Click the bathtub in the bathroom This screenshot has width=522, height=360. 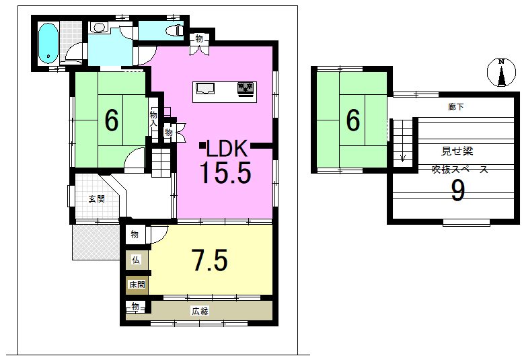click(48, 43)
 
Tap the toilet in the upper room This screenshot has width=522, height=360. click(175, 30)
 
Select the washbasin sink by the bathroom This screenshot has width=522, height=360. click(100, 27)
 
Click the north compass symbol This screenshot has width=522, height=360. click(501, 72)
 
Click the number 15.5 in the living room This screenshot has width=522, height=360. click(225, 172)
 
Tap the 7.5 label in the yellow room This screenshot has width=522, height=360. click(211, 260)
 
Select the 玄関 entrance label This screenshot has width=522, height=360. click(97, 199)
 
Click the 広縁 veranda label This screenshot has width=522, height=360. click(200, 311)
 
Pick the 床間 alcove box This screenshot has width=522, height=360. click(137, 285)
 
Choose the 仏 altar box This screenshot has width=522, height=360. click(137, 260)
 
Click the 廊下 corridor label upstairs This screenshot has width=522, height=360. click(456, 107)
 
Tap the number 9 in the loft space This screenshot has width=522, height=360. click(457, 191)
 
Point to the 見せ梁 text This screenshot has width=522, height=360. click(457, 151)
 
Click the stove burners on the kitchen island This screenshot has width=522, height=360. click(246, 88)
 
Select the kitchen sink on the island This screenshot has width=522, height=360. click(205, 89)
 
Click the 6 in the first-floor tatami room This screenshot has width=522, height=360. click(111, 120)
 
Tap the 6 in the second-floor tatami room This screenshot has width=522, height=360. click(353, 120)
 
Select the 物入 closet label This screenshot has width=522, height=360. click(153, 119)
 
